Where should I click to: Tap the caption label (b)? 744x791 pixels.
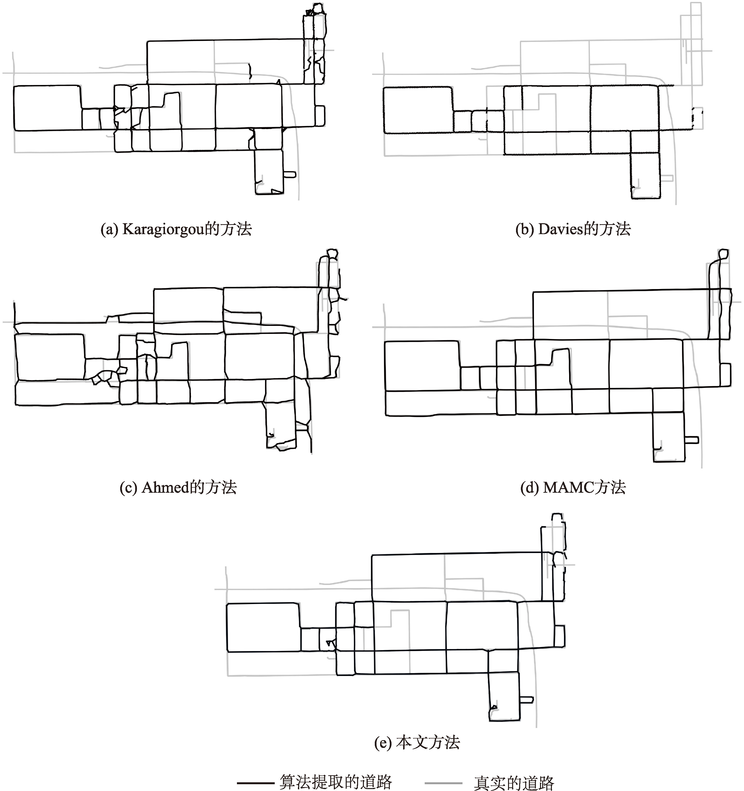coord(525,230)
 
